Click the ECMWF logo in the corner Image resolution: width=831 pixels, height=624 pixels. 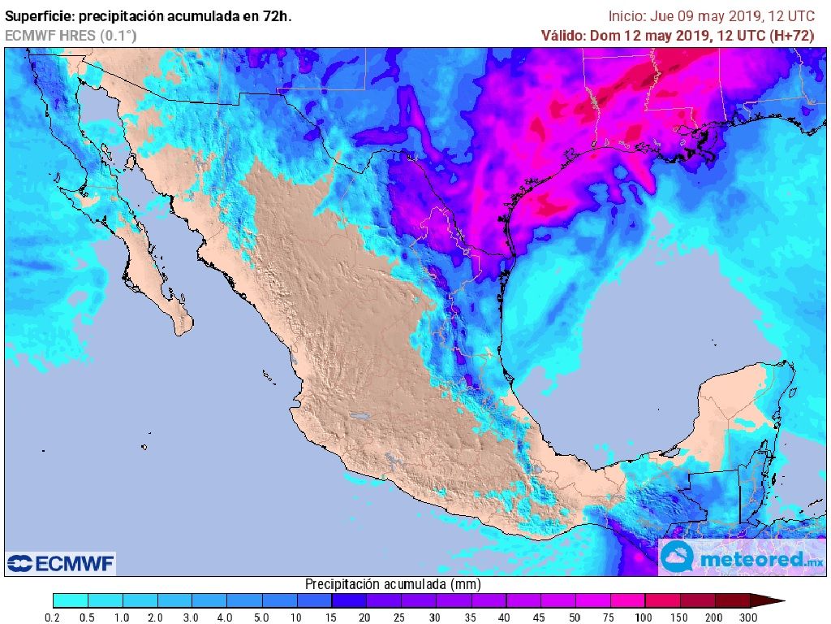(x=61, y=563)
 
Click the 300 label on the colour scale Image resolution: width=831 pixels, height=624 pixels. (x=748, y=618)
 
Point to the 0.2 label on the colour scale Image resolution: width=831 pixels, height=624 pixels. (x=53, y=618)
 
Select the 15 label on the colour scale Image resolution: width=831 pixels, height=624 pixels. (x=332, y=618)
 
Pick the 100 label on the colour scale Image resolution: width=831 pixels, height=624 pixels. (x=644, y=618)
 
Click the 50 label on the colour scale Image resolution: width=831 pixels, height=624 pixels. (x=575, y=618)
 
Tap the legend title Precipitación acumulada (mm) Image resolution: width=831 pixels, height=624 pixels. (x=393, y=584)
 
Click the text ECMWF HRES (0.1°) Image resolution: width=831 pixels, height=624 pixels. (x=71, y=36)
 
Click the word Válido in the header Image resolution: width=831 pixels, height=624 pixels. (x=563, y=36)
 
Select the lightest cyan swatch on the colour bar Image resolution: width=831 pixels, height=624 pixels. (x=70, y=601)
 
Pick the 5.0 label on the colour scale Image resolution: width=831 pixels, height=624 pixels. (x=262, y=618)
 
